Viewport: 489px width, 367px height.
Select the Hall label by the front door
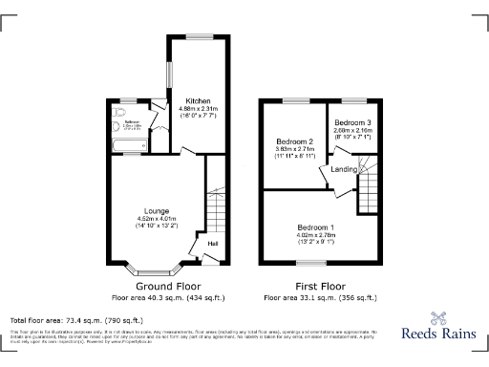211,245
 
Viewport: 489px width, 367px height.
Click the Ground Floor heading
166,286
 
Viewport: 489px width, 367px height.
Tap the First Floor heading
319,286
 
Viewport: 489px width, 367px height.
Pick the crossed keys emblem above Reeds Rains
440,318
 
